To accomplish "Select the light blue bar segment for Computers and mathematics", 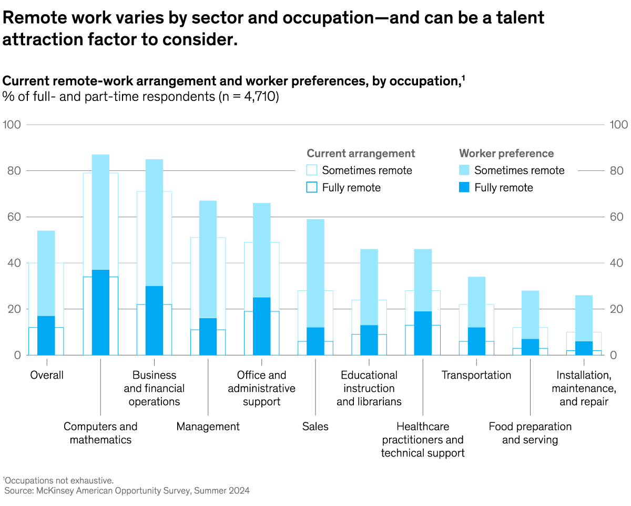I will coord(100,212).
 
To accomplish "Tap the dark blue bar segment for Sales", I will coord(315,341).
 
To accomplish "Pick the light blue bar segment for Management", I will coord(208,259).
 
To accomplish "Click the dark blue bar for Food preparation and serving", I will coord(530,347).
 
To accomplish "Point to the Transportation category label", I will coord(476,375).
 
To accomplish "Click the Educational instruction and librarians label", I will coord(369,388).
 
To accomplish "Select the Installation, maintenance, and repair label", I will coord(584,388).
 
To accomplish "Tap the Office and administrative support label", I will coord(261,388).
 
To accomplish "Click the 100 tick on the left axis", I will coord(11,125).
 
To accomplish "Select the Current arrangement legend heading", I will coord(361,154).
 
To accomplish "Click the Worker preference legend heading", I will coord(506,154).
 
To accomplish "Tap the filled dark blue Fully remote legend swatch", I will coord(464,188).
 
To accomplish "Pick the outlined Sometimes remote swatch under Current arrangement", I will coord(312,170).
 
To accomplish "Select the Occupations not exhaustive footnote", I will coord(58,480).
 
